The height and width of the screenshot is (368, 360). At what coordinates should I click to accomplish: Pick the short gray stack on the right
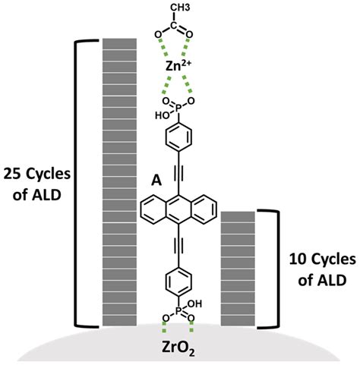[x=237, y=269]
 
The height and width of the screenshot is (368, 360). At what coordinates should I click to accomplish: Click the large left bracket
[x=75, y=182]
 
